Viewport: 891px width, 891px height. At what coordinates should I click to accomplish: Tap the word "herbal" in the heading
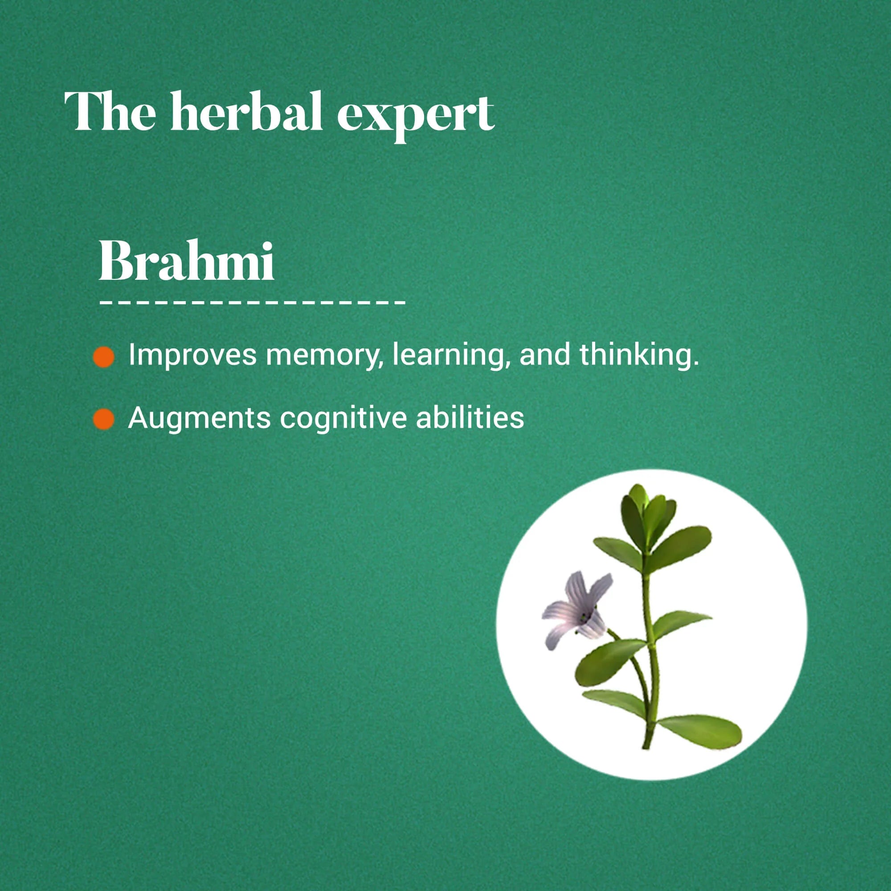246,112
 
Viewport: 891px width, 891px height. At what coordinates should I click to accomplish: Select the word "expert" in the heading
415,115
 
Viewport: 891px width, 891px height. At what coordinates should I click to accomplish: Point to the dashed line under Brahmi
252,303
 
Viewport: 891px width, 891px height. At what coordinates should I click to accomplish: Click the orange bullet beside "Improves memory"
104,357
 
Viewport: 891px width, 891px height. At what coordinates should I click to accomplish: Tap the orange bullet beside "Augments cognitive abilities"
104,419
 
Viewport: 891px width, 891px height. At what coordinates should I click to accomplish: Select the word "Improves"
192,356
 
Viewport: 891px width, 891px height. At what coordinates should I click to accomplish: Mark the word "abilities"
470,418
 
